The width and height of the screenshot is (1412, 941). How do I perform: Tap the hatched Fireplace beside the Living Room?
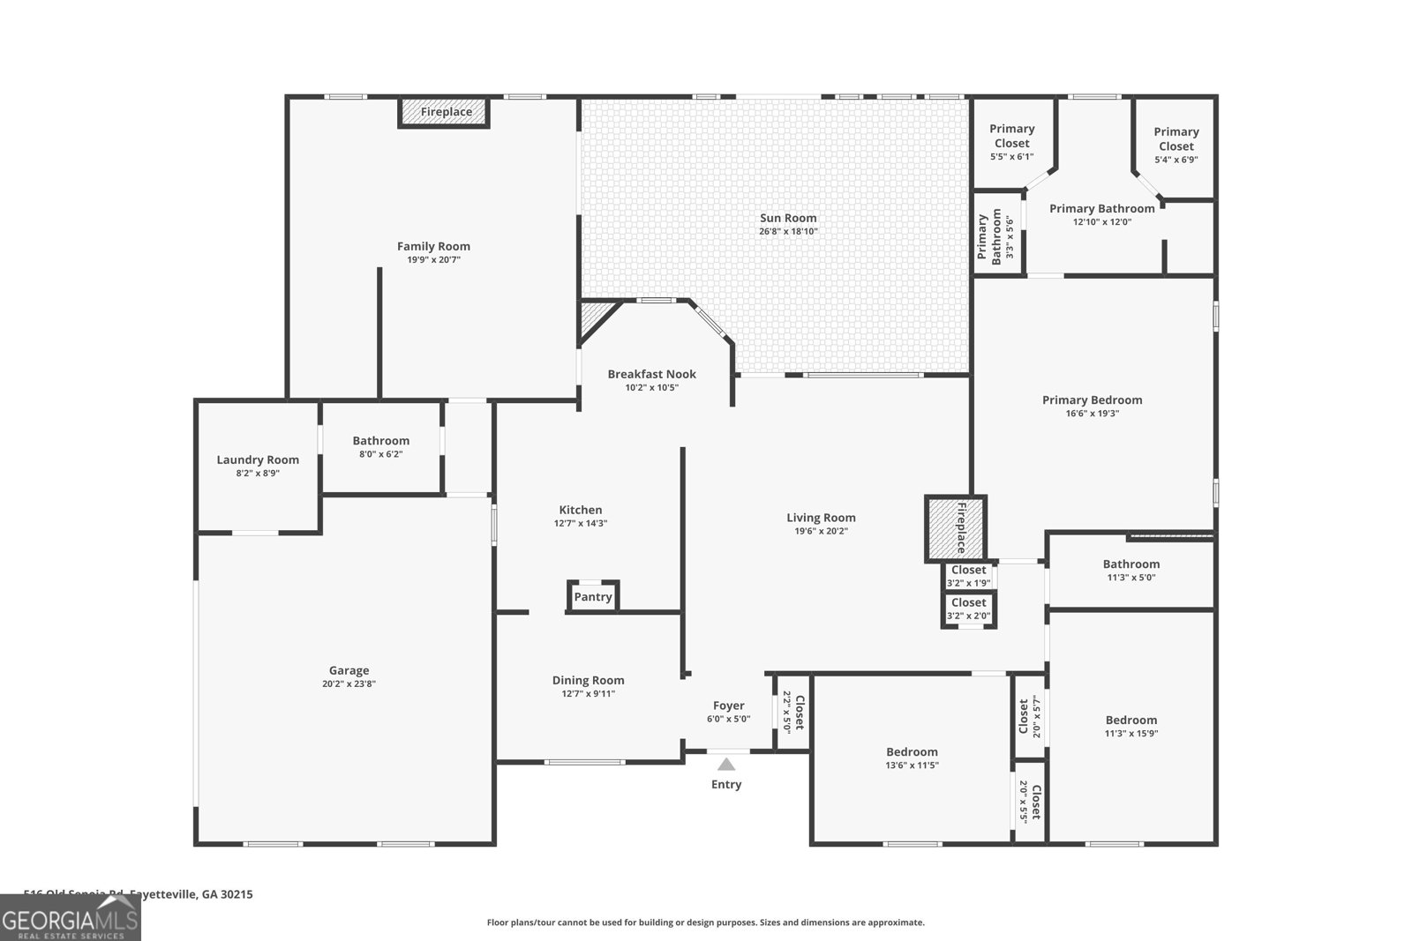(x=955, y=528)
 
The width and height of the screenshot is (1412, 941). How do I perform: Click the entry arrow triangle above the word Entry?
(x=725, y=765)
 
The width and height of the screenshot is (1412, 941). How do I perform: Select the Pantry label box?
(x=593, y=597)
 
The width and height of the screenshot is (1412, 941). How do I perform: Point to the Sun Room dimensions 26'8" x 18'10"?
(x=788, y=232)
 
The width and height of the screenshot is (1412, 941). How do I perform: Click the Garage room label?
(x=349, y=670)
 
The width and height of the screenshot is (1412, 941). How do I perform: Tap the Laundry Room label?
(x=258, y=459)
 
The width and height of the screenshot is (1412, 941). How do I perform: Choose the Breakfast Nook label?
(x=651, y=374)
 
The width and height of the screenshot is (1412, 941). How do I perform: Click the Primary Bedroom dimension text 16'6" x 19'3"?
(x=1092, y=414)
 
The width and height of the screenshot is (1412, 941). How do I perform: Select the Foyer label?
(x=728, y=706)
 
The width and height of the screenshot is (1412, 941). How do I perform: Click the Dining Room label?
(x=588, y=680)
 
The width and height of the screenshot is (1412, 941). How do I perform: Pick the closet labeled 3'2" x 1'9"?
(x=968, y=576)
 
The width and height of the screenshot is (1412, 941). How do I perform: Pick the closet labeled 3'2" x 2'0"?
(x=968, y=609)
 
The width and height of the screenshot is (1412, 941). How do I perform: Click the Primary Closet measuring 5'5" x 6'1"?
(x=1011, y=142)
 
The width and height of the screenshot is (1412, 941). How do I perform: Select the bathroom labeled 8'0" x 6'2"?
(x=380, y=446)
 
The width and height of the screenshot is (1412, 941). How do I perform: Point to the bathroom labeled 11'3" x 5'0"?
(x=1130, y=570)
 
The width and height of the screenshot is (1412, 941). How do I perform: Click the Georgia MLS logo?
(x=70, y=918)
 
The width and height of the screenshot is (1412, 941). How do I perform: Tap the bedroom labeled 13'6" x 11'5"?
(x=912, y=758)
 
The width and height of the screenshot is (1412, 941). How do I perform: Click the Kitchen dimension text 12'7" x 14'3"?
(x=580, y=524)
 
